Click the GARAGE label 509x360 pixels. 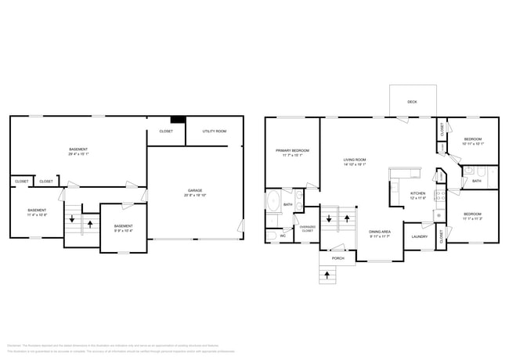[194, 190]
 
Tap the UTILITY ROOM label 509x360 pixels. [214, 131]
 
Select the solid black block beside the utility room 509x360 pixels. [179, 120]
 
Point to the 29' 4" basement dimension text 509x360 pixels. [78, 154]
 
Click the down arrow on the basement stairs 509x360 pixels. [72, 220]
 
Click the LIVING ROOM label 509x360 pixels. [355, 160]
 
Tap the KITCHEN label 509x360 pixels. [418, 193]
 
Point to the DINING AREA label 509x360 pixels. [381, 232]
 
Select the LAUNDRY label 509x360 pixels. [419, 236]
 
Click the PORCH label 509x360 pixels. [338, 257]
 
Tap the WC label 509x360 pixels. [283, 235]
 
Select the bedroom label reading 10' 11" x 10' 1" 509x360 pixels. [473, 141]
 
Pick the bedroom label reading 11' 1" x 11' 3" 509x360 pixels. [472, 216]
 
